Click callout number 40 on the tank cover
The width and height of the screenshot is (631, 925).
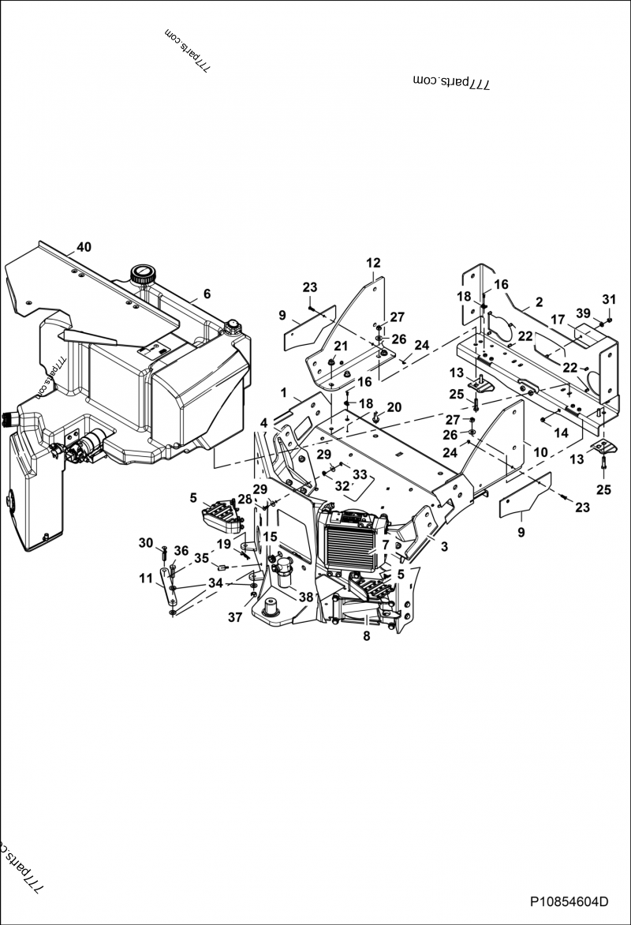click(x=84, y=247)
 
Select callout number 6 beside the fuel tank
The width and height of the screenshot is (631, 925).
click(x=207, y=294)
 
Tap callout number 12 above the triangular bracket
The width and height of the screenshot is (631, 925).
click(x=373, y=262)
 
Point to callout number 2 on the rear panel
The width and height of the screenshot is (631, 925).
click(x=539, y=302)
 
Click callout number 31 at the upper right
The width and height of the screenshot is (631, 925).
click(x=608, y=299)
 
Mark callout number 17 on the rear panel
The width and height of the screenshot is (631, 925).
click(x=558, y=320)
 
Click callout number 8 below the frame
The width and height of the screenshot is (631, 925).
click(x=366, y=635)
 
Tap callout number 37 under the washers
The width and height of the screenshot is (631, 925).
click(x=235, y=618)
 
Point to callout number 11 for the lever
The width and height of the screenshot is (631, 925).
click(x=146, y=579)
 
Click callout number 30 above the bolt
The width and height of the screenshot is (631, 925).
click(x=145, y=542)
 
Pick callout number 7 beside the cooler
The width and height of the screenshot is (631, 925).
click(x=385, y=545)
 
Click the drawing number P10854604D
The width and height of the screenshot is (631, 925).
click(x=568, y=901)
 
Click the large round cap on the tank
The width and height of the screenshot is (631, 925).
click(x=143, y=275)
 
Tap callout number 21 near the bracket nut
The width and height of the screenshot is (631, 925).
click(x=340, y=346)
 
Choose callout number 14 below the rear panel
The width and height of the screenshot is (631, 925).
click(x=561, y=433)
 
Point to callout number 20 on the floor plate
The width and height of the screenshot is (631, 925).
click(x=394, y=407)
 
